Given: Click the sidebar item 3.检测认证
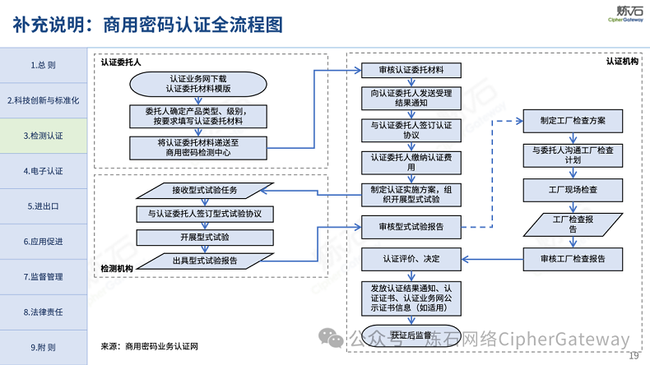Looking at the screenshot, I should click(x=43, y=135).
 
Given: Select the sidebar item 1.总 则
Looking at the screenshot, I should click(x=43, y=65).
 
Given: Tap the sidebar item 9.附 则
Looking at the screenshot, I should click(x=43, y=347).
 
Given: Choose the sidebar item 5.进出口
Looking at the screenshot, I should click(x=43, y=206).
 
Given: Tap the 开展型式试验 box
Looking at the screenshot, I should click(x=206, y=237).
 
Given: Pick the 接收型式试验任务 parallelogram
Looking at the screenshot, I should click(x=206, y=191).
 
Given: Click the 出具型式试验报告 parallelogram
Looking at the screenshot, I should click(x=206, y=261).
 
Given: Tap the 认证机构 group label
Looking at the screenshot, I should click(x=622, y=61).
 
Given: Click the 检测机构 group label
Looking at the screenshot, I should click(x=117, y=268).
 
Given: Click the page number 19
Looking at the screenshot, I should click(x=634, y=355).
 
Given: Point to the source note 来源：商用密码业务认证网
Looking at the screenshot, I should click(x=150, y=347).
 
